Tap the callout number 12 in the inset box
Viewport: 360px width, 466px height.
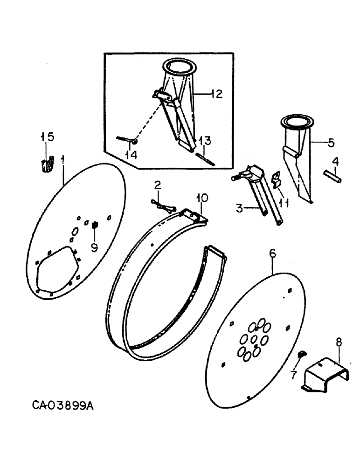coord(215,94)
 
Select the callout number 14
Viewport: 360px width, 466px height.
coord(132,155)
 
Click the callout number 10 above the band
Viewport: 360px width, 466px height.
coord(201,198)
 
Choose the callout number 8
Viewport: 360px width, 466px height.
coord(339,343)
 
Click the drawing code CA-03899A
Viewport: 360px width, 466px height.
coord(63,406)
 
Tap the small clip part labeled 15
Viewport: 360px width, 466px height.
coord(46,165)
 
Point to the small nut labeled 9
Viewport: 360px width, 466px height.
coord(94,226)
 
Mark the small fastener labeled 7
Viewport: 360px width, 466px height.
coord(301,356)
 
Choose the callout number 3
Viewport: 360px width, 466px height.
coord(239,209)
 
